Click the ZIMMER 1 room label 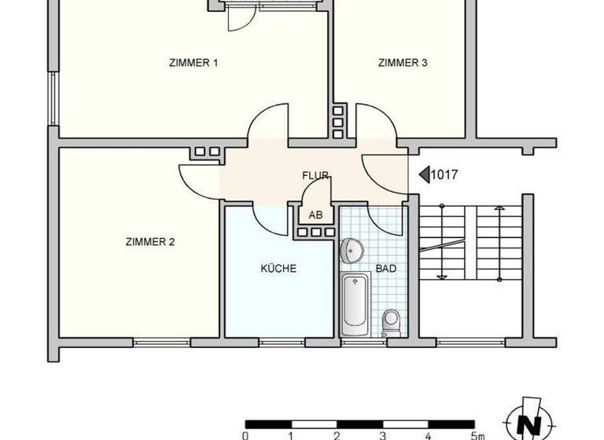pyautogui.click(x=193, y=63)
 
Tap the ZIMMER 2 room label pyautogui.click(x=149, y=242)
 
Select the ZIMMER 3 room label pyautogui.click(x=402, y=63)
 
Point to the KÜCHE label pyautogui.click(x=278, y=269)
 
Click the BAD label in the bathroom pyautogui.click(x=385, y=269)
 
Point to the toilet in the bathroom pyautogui.click(x=390, y=321)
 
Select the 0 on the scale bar pyautogui.click(x=245, y=434)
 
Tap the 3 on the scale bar pyautogui.click(x=382, y=434)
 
